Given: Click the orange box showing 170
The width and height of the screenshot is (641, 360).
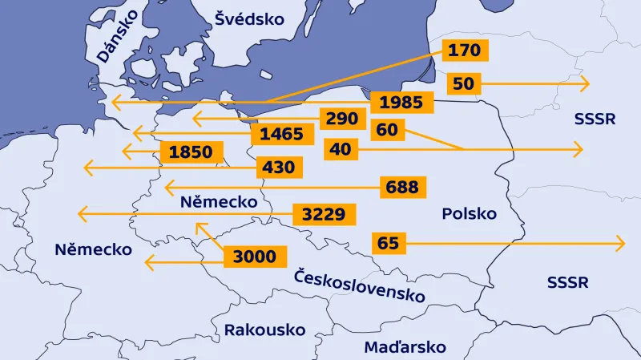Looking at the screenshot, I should (x=464, y=51).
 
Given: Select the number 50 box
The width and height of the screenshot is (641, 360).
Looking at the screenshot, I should (x=463, y=83).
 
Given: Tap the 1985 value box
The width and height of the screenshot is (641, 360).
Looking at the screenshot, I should (x=402, y=103).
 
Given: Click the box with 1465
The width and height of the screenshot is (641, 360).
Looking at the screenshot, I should (x=281, y=134).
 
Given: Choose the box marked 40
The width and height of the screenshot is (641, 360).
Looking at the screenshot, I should (x=340, y=149).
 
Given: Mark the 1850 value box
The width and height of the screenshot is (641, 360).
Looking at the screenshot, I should (x=191, y=152).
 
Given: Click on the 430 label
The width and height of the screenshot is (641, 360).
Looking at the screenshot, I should (x=279, y=168).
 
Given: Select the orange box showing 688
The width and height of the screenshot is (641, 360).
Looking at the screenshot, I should (x=401, y=187).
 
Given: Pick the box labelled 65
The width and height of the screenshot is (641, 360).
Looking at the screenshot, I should (x=388, y=242).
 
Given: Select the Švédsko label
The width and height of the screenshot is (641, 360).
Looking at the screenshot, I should (x=249, y=18).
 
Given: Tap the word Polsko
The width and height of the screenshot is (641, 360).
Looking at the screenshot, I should (x=469, y=214).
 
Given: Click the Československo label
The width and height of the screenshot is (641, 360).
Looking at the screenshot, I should (x=359, y=285).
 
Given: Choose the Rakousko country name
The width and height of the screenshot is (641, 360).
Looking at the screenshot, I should (x=264, y=330).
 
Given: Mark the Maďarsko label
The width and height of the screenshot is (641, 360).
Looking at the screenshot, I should (x=405, y=347).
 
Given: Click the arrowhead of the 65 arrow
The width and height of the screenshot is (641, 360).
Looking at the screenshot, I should (x=622, y=242).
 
